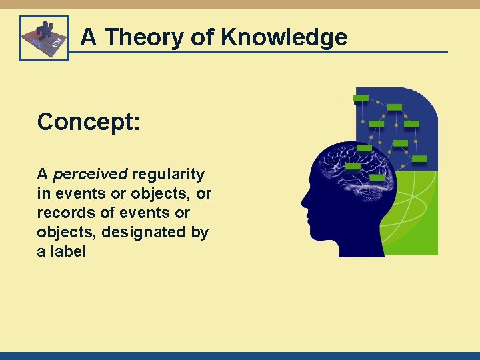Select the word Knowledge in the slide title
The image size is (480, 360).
(x=285, y=37)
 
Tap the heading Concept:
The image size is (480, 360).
(x=88, y=122)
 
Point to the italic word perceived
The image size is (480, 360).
(x=90, y=175)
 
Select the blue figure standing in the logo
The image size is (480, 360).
(x=45, y=32)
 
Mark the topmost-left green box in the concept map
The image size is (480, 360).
(x=361, y=99)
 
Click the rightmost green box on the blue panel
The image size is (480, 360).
(x=420, y=159)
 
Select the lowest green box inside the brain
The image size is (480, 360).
(x=377, y=178)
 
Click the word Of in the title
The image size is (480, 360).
(x=202, y=37)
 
